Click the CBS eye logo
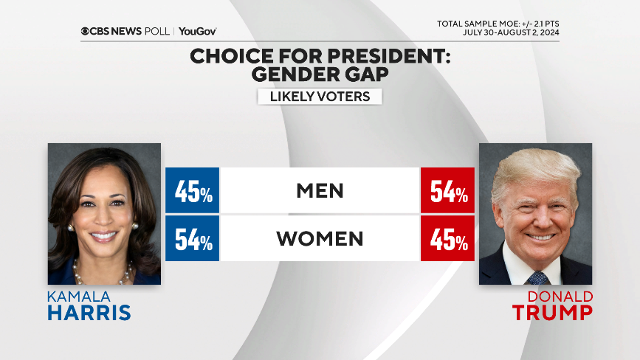click(x=85, y=31)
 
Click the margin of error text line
click(x=503, y=24)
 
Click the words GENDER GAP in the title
click(x=320, y=75)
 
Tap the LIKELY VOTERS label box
click(x=320, y=97)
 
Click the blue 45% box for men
click(x=193, y=192)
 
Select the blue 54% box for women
click(x=193, y=239)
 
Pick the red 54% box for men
click(x=447, y=192)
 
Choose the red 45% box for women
click(x=447, y=239)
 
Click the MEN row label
click(x=320, y=191)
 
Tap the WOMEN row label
click(x=320, y=239)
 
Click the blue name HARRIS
click(x=89, y=313)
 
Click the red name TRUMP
click(x=553, y=313)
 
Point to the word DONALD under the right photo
click(x=560, y=297)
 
